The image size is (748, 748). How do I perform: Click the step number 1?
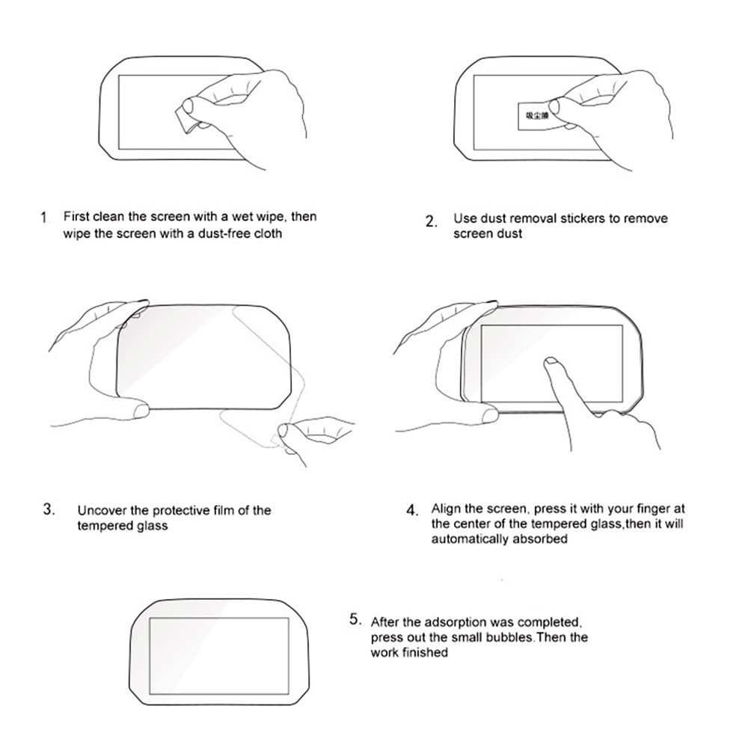tap(43, 218)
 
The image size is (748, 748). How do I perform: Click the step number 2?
tap(431, 221)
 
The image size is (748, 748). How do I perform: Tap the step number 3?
tap(49, 510)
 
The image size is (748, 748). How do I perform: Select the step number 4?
tap(412, 510)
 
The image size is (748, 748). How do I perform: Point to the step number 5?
tap(356, 619)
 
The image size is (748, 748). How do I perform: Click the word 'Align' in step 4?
tap(446, 509)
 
